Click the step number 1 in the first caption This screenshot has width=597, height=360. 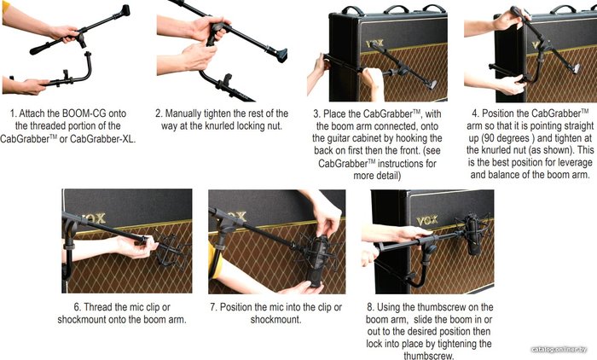pos(14,113)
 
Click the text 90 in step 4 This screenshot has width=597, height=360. pos(491,138)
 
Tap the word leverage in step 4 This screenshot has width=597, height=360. pos(576,163)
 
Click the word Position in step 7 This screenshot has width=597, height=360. pos(235,307)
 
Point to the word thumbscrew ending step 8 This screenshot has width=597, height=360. pos(428,356)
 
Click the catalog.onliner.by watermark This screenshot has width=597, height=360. pos(559,349)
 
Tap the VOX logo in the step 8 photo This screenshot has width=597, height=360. pos(427,221)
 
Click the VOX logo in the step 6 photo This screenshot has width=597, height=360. pos(94,218)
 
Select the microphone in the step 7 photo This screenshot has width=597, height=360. pos(317,262)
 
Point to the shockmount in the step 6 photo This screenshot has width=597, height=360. pos(171,249)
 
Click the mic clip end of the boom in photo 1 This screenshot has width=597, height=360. pos(124,11)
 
